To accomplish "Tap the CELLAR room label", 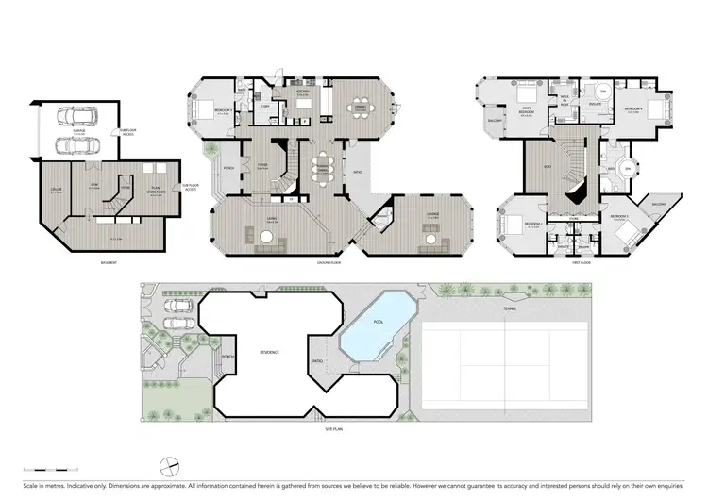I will point(58,191).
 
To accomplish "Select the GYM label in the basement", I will point(94,184).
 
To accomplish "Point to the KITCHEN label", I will point(304,92).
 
